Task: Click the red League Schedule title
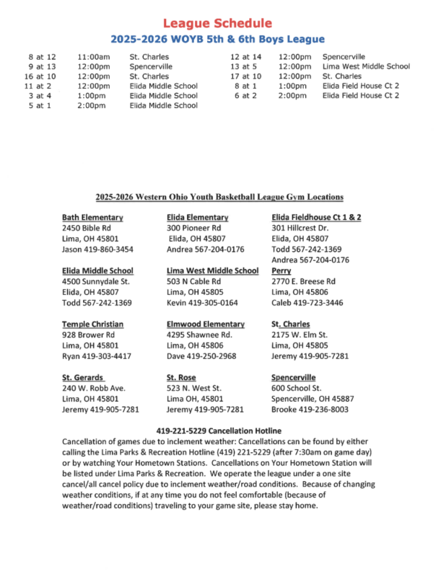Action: [217, 24]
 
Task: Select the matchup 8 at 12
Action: [42, 56]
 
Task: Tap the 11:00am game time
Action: [94, 56]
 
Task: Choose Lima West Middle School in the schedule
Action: [366, 66]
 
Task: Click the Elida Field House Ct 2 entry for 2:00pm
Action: [361, 95]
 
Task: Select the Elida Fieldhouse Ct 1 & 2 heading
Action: [316, 217]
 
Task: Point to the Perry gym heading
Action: [281, 270]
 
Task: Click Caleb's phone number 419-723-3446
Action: [307, 303]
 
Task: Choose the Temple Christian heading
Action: [92, 324]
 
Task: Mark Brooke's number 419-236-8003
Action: [310, 410]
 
